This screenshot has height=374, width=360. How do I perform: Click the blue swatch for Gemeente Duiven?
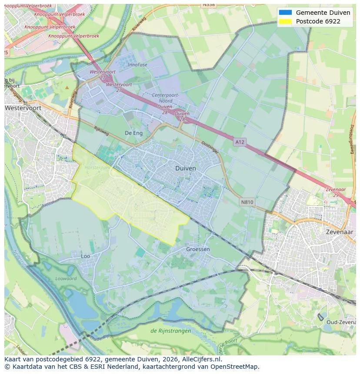pyautogui.click(x=285, y=13)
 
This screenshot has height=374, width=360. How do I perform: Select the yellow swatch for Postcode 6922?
pyautogui.click(x=285, y=21)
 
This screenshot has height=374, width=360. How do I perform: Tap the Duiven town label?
pyautogui.click(x=186, y=168)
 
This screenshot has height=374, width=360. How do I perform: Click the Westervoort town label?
pyautogui.click(x=21, y=108)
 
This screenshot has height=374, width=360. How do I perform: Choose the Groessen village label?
pyautogui.click(x=198, y=249)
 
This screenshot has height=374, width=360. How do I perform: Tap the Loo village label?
pyautogui.click(x=86, y=256)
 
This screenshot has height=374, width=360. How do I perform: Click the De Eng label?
pyautogui.click(x=133, y=133)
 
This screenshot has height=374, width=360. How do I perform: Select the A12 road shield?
pyautogui.click(x=240, y=142)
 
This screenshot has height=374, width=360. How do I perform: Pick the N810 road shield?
pyautogui.click(x=247, y=202)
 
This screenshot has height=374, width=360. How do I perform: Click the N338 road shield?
pyautogui.click(x=209, y=5)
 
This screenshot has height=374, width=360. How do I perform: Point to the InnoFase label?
pyautogui.click(x=137, y=65)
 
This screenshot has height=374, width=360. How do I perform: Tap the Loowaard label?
pyautogui.click(x=66, y=278)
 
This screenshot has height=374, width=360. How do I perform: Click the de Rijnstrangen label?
pyautogui.click(x=170, y=331)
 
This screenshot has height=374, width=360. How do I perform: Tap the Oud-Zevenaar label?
pyautogui.click(x=342, y=322)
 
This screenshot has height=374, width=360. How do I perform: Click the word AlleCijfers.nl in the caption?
pyautogui.click(x=200, y=360)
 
